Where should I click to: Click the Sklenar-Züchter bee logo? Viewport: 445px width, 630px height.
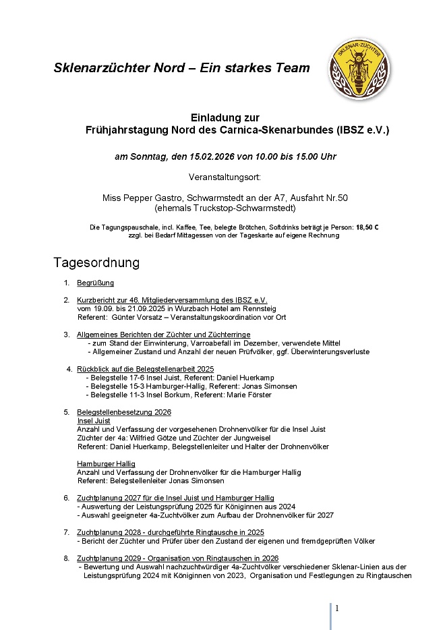(x=359, y=67)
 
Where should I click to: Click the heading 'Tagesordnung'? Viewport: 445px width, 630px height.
(x=96, y=262)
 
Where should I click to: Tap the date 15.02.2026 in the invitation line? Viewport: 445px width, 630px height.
(x=200, y=156)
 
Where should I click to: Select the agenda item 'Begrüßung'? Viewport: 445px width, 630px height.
(x=95, y=283)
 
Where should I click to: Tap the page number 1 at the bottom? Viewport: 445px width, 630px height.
(x=337, y=608)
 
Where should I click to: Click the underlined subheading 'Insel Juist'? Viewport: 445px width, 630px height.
(x=94, y=420)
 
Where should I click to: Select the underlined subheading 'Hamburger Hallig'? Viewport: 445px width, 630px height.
(x=106, y=464)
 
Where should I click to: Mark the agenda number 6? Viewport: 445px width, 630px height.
(x=67, y=498)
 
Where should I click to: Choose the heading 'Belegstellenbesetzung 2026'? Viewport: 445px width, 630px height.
(x=124, y=411)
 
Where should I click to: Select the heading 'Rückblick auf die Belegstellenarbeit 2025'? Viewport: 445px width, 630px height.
(x=145, y=369)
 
